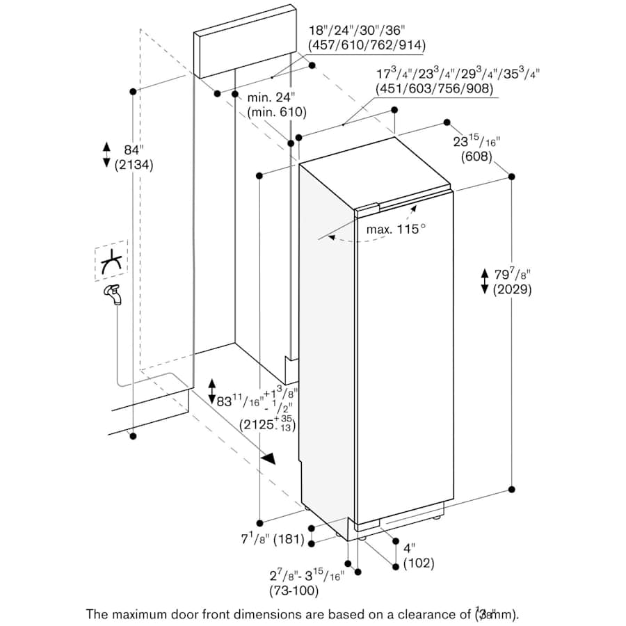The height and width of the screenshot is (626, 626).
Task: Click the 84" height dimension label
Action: pyautogui.click(x=132, y=150)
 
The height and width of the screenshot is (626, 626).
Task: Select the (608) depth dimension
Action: pyautogui.click(x=476, y=157)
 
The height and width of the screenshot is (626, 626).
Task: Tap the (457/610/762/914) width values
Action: pyautogui.click(x=367, y=45)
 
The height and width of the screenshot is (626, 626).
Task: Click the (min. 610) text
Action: pyautogui.click(x=276, y=111)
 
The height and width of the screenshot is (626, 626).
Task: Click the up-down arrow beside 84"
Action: pyautogui.click(x=106, y=154)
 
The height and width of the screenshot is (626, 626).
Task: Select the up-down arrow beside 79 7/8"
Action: pyautogui.click(x=485, y=281)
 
